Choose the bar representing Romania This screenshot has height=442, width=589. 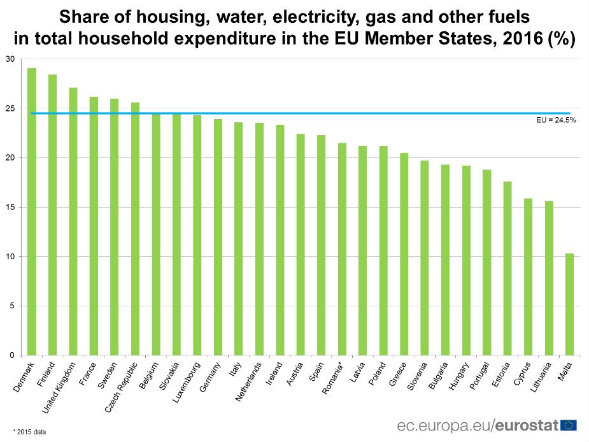pos(342,249)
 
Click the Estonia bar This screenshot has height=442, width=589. pos(507,268)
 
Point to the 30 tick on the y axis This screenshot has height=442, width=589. pos(9,59)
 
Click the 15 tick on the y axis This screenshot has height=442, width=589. pos(9,208)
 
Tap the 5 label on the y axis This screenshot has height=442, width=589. pos(11,306)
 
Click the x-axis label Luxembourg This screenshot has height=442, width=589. pos(188,381)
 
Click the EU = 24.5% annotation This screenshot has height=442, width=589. pos(556,120)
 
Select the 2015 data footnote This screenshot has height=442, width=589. pos(29,432)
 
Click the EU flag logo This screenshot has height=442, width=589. pos(569,425)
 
